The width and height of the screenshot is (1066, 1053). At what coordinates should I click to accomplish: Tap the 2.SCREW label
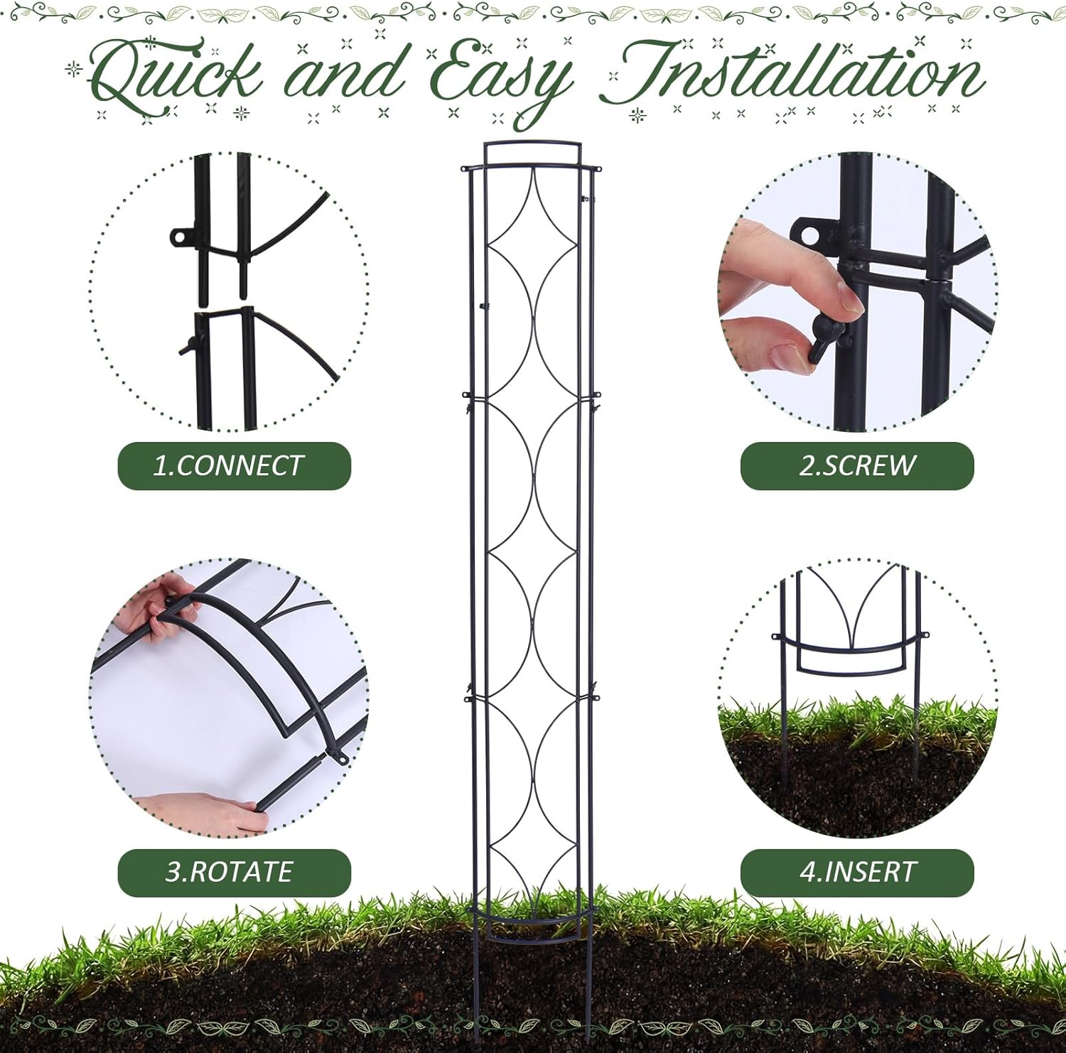857,466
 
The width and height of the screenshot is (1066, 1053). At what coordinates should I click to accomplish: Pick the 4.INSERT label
857,873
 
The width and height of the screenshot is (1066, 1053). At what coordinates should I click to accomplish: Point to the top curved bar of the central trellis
532,144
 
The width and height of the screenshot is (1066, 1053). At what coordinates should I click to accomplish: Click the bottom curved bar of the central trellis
532,922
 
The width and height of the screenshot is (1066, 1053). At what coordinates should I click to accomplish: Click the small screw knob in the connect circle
186,347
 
